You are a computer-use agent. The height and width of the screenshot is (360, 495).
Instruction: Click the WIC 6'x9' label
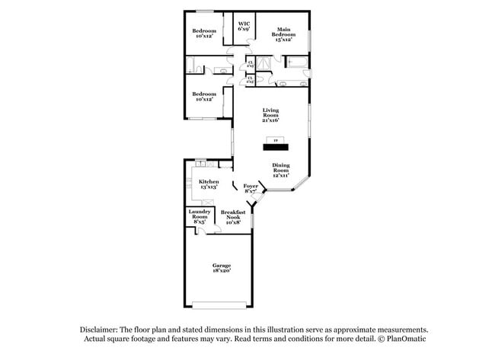pos(244,27)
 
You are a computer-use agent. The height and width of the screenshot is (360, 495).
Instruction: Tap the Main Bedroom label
pos(285,33)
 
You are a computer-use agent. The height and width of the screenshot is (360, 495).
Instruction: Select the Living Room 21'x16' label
pos(270,115)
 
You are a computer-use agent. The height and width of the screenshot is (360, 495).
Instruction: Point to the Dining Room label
pos(281,170)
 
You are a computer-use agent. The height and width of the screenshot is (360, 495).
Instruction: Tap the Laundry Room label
pos(200,215)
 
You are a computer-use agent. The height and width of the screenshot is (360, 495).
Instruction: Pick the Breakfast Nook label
pos(233,216)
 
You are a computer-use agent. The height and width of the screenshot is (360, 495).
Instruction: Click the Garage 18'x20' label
pos(222,267)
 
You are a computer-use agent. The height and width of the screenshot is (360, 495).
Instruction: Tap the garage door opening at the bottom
pos(222,306)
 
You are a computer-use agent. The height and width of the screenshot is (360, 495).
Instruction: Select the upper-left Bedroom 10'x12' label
pos(204,33)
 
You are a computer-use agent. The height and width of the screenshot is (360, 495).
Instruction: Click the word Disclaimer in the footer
pos(100,329)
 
